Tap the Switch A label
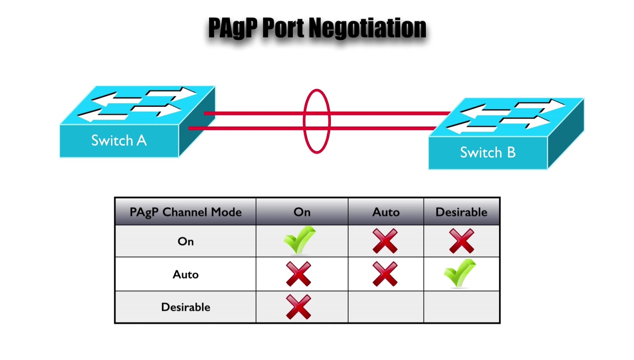(119, 140)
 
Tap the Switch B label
(488, 153)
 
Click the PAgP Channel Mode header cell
(185, 212)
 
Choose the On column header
(302, 212)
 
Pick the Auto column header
(386, 212)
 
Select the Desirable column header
(461, 212)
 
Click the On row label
(185, 241)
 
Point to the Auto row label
(185, 274)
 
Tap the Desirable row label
(185, 307)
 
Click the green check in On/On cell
(299, 240)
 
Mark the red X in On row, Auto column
(385, 241)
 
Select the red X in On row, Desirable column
(461, 241)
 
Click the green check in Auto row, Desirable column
(459, 273)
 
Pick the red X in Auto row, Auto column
(385, 274)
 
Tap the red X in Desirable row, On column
(298, 307)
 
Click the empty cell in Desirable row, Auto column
(386, 307)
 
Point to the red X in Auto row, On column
(298, 274)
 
